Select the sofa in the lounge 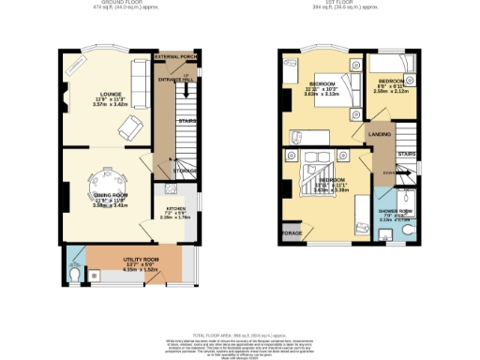tap(138, 86)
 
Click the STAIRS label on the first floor tap(406, 154)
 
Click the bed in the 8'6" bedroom tap(389, 71)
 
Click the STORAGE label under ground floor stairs tap(186, 171)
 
